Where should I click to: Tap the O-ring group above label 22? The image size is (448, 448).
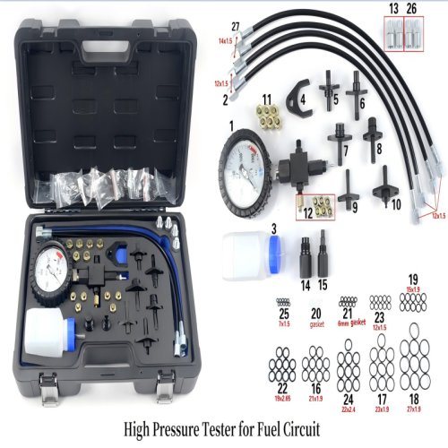282,363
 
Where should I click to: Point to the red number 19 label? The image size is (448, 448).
414,278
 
